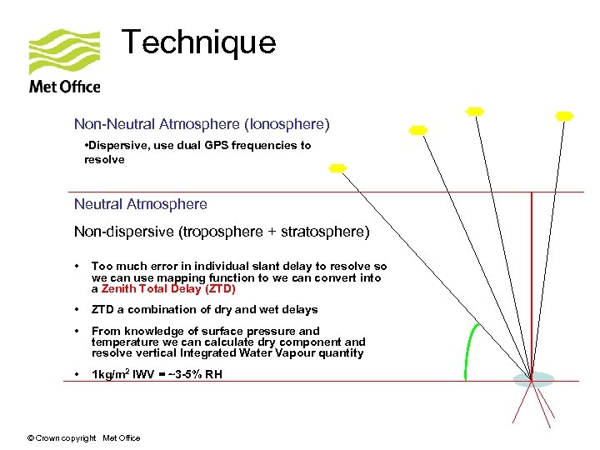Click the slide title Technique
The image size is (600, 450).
coord(198,42)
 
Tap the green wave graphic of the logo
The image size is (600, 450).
coord(63,52)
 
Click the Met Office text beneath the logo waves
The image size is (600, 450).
coord(64,86)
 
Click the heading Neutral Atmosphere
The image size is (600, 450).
coord(140,204)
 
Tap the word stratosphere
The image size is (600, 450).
coord(321,231)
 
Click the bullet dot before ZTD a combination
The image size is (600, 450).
coord(77,309)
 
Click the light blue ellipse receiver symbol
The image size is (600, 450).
coord(532,380)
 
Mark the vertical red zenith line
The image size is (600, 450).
coord(532,283)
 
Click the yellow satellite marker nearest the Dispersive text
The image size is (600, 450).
coord(337,168)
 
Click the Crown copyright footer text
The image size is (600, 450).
coord(83,438)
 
